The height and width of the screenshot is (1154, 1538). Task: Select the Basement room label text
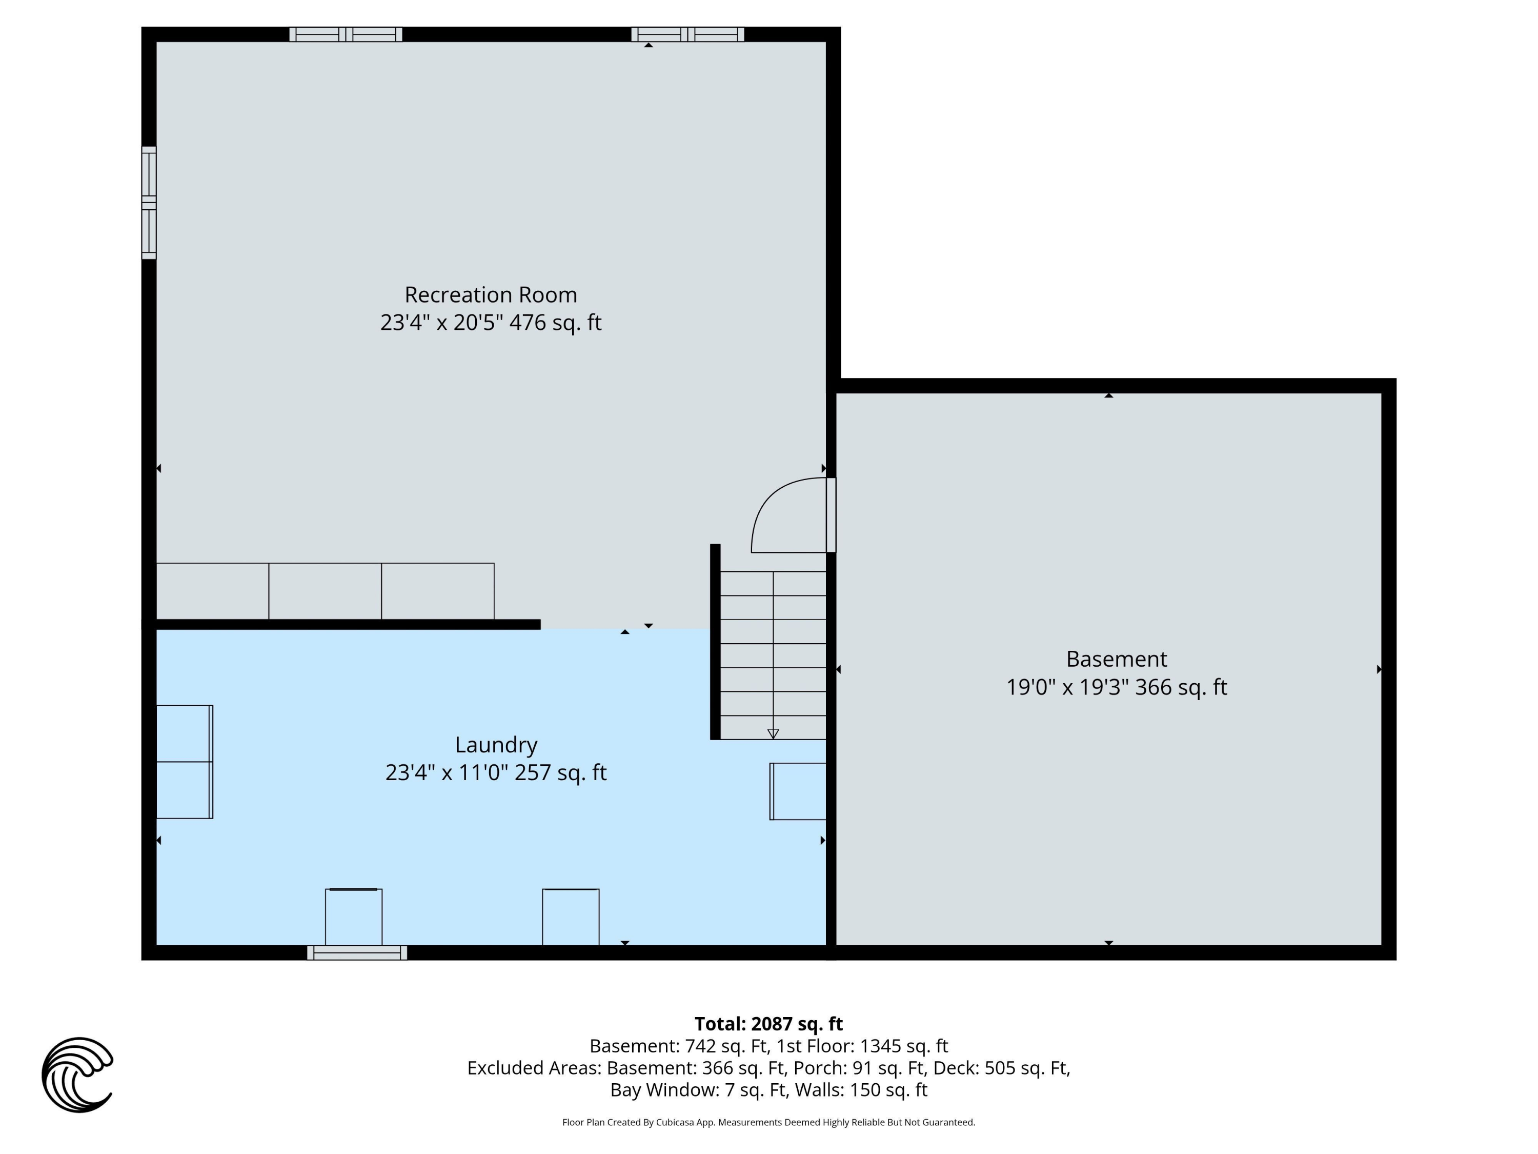pos(1116,659)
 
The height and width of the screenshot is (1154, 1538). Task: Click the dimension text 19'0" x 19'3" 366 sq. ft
pos(1116,687)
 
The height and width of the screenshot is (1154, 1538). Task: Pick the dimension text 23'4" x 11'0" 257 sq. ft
pos(496,773)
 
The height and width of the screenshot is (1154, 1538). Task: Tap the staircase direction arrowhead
pos(773,734)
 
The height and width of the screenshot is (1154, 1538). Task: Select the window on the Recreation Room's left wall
pos(149,203)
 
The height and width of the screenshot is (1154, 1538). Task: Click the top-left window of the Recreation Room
pos(346,34)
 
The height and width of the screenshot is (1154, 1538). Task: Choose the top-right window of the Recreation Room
pos(687,34)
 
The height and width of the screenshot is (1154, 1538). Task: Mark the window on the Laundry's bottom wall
pos(357,953)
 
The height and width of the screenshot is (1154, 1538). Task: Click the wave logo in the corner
pos(77,1074)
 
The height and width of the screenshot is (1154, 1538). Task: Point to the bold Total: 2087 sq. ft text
pos(768,1024)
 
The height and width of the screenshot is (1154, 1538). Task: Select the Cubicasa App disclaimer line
pos(768,1122)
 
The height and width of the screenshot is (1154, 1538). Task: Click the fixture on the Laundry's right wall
pos(798,791)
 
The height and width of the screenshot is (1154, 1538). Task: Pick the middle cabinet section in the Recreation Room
pos(325,591)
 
